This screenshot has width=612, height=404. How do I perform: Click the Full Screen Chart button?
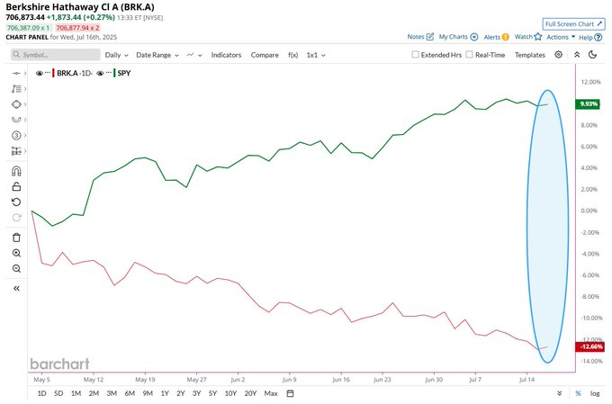point(574,23)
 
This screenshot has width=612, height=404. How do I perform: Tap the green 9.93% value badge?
point(588,103)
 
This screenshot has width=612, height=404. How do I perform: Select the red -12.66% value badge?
point(590,346)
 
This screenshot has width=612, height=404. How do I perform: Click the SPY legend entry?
point(123,73)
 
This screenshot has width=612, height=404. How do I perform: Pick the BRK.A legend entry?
point(74,73)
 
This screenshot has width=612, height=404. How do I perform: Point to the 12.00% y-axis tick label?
point(590,82)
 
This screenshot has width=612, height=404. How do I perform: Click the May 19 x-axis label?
point(145,380)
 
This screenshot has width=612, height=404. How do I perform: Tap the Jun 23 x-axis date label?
point(382,380)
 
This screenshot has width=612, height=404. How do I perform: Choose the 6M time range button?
point(130,393)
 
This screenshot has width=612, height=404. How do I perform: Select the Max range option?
point(271,393)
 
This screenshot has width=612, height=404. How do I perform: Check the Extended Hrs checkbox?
point(415,55)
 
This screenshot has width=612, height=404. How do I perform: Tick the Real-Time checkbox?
point(469,55)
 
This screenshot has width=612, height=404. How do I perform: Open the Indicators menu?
point(226,55)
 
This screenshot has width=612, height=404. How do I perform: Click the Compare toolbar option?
point(265,55)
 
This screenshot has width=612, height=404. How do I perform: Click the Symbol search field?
point(56,55)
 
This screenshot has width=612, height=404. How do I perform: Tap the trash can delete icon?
point(16,238)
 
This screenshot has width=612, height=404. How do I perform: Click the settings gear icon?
point(559,55)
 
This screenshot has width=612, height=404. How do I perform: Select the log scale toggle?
point(595,393)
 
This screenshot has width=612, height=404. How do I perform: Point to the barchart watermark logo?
point(59,364)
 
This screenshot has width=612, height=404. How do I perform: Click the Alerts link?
point(496,37)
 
